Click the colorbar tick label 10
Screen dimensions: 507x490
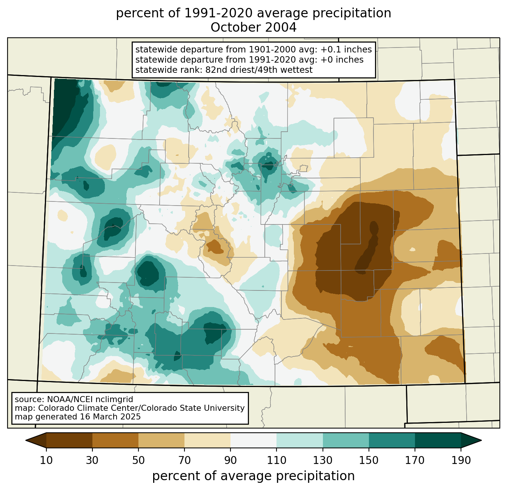point(46,460)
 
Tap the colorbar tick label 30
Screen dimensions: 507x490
point(92,460)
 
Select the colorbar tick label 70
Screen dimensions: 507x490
point(184,460)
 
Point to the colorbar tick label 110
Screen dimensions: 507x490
point(277,460)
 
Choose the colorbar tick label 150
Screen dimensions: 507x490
point(369,460)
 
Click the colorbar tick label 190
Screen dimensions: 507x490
point(461,460)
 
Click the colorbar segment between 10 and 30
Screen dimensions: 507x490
point(69,440)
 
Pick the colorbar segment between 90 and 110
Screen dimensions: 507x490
point(253,440)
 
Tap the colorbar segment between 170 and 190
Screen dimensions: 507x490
point(438,440)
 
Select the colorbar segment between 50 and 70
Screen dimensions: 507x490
point(161,440)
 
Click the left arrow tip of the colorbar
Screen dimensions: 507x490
point(26,440)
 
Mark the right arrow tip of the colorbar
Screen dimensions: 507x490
point(481,440)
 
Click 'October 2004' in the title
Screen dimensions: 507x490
point(253,28)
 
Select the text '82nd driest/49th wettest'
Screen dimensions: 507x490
point(259,70)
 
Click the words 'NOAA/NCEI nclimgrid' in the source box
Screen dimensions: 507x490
point(90,399)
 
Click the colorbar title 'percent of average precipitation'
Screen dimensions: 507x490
point(253,476)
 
